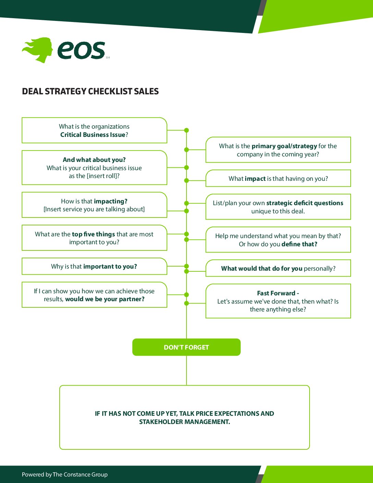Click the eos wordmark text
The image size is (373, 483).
[x=81, y=50]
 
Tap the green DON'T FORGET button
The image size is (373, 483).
[x=186, y=347]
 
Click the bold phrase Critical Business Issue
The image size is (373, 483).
[x=93, y=135]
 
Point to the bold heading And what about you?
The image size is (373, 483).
[x=94, y=160]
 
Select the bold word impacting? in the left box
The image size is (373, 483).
[x=111, y=201]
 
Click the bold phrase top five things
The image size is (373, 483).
[x=93, y=234]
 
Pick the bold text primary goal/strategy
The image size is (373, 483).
[x=284, y=146]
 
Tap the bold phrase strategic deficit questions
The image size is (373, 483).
[x=305, y=203]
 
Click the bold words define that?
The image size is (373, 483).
[x=299, y=244]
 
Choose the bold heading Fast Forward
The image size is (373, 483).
[x=276, y=293]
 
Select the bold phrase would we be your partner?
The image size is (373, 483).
[x=105, y=299]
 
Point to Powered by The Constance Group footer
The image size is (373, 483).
[x=65, y=475]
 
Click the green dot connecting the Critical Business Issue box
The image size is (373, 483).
[x=186, y=130]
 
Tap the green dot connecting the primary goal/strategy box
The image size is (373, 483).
[x=186, y=150]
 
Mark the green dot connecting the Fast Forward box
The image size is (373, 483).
[x=186, y=303]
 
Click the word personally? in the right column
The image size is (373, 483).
[x=320, y=269]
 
